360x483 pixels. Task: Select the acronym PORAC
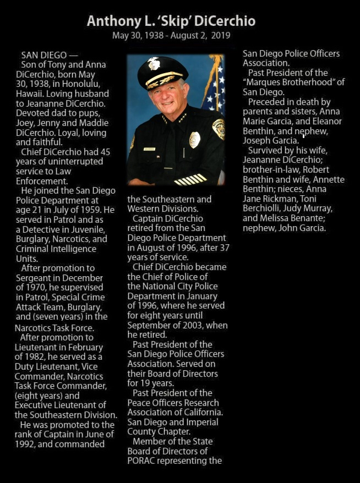145,461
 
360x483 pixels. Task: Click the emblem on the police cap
154,64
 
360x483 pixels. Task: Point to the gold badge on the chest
194,139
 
